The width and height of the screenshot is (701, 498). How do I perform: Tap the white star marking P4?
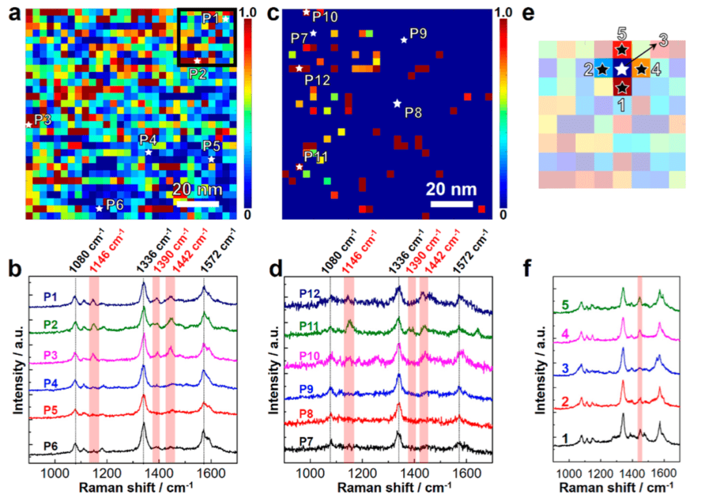[149, 152]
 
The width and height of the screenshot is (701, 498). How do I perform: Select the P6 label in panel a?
[115, 205]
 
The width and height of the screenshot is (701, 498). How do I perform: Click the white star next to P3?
[29, 124]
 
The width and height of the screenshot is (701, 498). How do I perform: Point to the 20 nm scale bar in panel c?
[451, 204]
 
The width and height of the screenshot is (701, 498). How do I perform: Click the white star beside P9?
[404, 40]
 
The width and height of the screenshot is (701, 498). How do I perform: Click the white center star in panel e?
[622, 68]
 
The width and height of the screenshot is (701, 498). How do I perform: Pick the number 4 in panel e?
[656, 69]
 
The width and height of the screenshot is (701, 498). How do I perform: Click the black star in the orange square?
[641, 68]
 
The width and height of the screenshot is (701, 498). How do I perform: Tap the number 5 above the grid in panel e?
[622, 34]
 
